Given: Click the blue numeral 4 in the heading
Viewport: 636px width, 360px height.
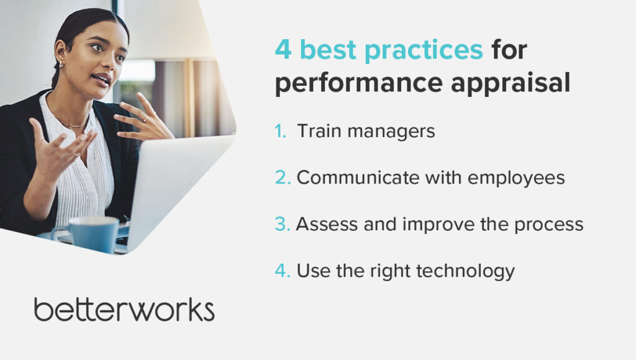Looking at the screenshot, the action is click(x=283, y=50).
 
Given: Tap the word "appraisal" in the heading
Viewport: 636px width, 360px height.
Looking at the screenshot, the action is click(x=511, y=84).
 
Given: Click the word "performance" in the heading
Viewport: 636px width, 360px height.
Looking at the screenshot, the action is click(x=359, y=84).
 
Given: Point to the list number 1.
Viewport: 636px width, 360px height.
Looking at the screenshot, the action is click(x=280, y=131).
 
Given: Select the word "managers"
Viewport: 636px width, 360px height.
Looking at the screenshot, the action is click(x=391, y=132).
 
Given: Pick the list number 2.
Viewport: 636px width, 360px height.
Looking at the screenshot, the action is click(x=283, y=178).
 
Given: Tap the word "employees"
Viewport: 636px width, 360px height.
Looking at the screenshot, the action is click(x=516, y=179).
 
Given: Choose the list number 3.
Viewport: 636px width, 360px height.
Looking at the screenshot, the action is click(x=283, y=224).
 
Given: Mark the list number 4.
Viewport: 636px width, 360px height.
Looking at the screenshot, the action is click(x=283, y=271).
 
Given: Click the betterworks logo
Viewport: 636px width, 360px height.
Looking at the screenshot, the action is click(x=124, y=310).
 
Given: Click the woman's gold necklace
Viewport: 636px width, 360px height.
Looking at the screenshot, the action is click(x=71, y=122).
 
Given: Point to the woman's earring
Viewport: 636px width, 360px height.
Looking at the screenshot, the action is click(x=61, y=65).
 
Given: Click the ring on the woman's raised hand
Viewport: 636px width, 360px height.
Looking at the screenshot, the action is click(x=145, y=119).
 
